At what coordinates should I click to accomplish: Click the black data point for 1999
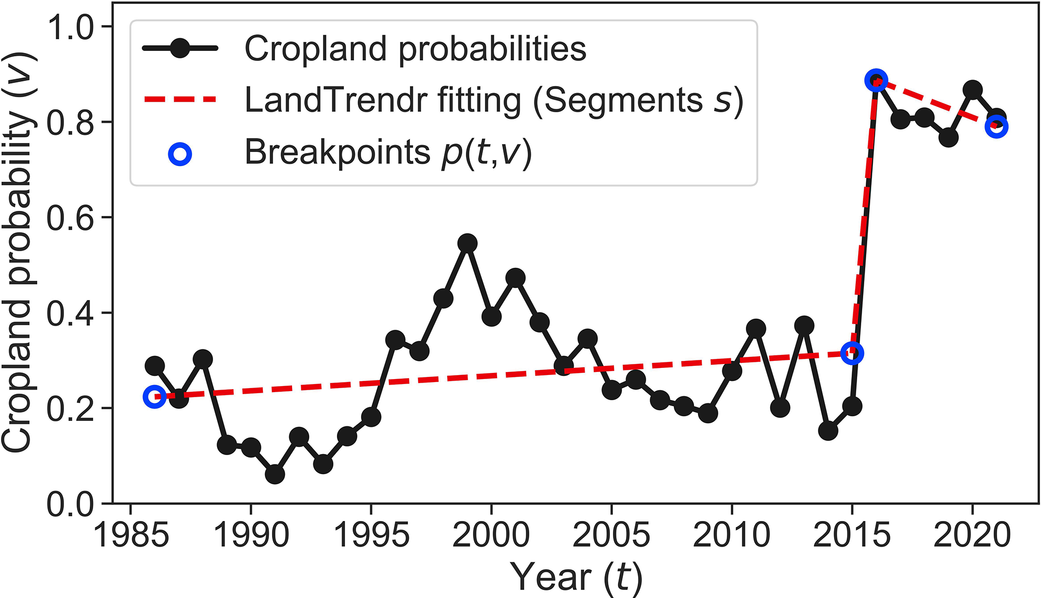click(x=467, y=244)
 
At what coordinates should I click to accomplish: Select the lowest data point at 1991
click(x=274, y=474)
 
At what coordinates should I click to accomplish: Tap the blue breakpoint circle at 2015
click(x=852, y=353)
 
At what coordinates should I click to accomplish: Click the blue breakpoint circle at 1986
click(x=154, y=397)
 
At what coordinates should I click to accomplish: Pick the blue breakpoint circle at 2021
click(x=996, y=127)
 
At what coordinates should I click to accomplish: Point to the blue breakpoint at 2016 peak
click(x=876, y=81)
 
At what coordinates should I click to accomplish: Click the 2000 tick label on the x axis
click(x=491, y=535)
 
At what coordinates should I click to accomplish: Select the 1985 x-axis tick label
click(x=130, y=535)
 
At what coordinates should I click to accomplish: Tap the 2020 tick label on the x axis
click(x=971, y=535)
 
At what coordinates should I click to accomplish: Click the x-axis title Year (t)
click(x=576, y=577)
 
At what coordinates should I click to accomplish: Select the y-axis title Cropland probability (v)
click(x=18, y=252)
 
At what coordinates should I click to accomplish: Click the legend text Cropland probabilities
click(x=415, y=49)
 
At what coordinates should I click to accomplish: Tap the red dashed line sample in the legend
click(x=180, y=100)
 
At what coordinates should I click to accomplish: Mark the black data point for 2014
click(x=828, y=431)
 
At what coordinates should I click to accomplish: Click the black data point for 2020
click(x=972, y=90)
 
